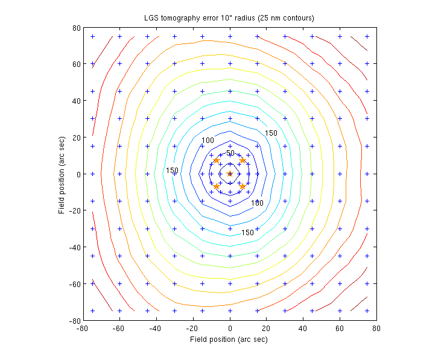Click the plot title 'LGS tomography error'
pos(229,17)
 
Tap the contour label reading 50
pos(230,153)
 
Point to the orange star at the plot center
pos(230,174)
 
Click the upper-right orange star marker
pos(243,160)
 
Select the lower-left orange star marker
pos(217,186)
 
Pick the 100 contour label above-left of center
pos(208,141)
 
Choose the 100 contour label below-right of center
pos(257,203)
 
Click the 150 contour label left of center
pos(172,171)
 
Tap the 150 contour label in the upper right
pos(271,133)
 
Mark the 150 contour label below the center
pos(247,232)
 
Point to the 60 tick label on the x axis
pos(339,328)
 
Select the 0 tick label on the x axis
pos(230,328)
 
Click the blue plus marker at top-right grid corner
pos(367,36)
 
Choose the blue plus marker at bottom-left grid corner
pos(93,311)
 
